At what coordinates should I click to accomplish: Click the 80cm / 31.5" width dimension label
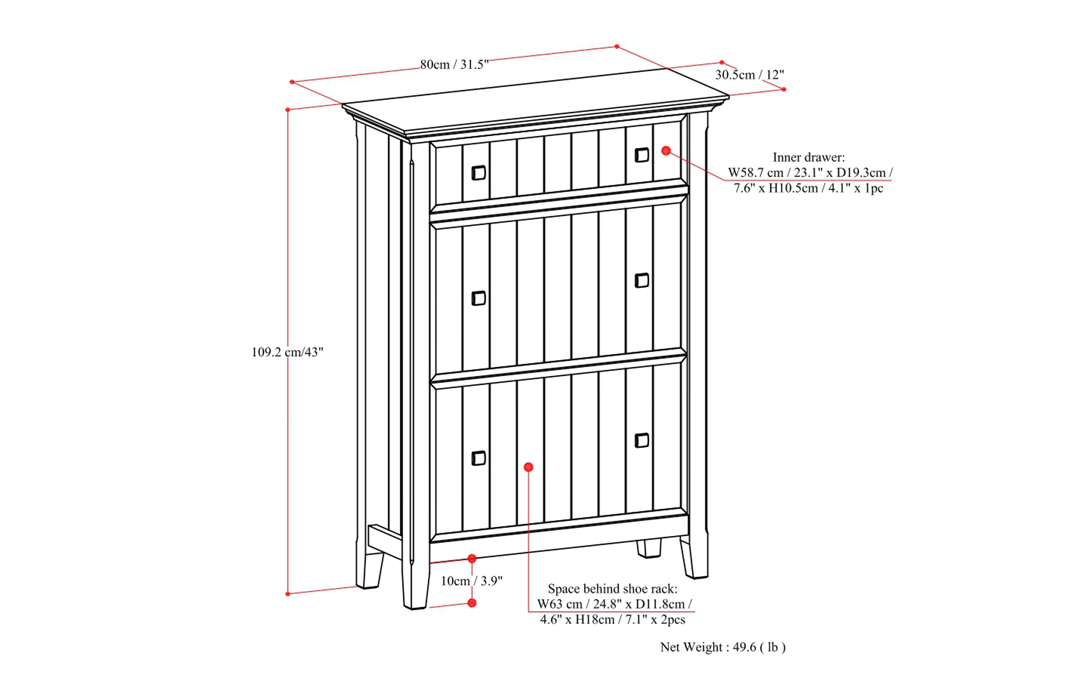pos(454,65)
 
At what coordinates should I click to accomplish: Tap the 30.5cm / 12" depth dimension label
pos(749,75)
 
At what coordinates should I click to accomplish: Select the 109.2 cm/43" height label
pos(287,352)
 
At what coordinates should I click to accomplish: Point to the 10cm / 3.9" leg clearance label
pos(472,581)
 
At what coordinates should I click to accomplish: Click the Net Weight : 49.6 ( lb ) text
pos(723,647)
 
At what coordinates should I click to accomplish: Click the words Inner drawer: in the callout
pos(809,157)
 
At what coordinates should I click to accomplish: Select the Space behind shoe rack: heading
pos(612,589)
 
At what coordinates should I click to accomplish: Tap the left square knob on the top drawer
pos(479,172)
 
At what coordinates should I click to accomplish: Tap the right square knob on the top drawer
pos(642,155)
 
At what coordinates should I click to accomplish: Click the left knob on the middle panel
pos(479,298)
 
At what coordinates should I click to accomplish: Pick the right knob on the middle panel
pos(642,280)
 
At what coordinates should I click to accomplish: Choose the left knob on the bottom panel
pos(479,458)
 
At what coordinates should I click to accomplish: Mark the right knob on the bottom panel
pos(642,440)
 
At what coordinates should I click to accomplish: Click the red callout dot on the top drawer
pos(666,151)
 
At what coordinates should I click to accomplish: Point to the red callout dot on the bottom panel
pos(529,467)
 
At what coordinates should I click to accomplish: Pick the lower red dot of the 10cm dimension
pos(472,603)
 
